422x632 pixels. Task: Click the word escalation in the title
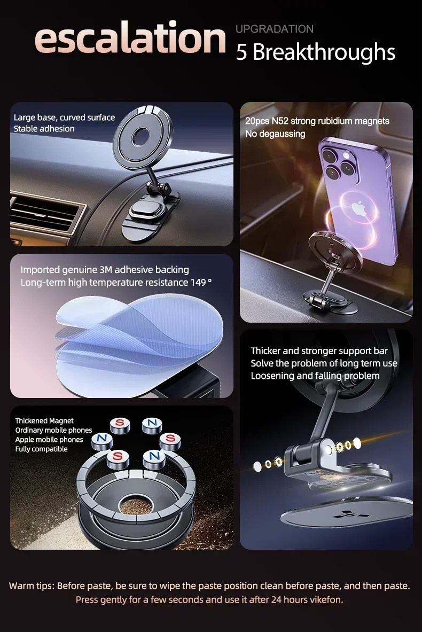pyautogui.click(x=130, y=38)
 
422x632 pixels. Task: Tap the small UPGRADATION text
pyautogui.click(x=275, y=29)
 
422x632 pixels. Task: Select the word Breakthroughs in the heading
pyautogui.click(x=324, y=52)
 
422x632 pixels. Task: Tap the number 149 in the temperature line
pyautogui.click(x=198, y=283)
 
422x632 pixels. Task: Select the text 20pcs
pyautogui.click(x=257, y=121)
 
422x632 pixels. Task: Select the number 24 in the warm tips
pyautogui.click(x=276, y=600)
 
